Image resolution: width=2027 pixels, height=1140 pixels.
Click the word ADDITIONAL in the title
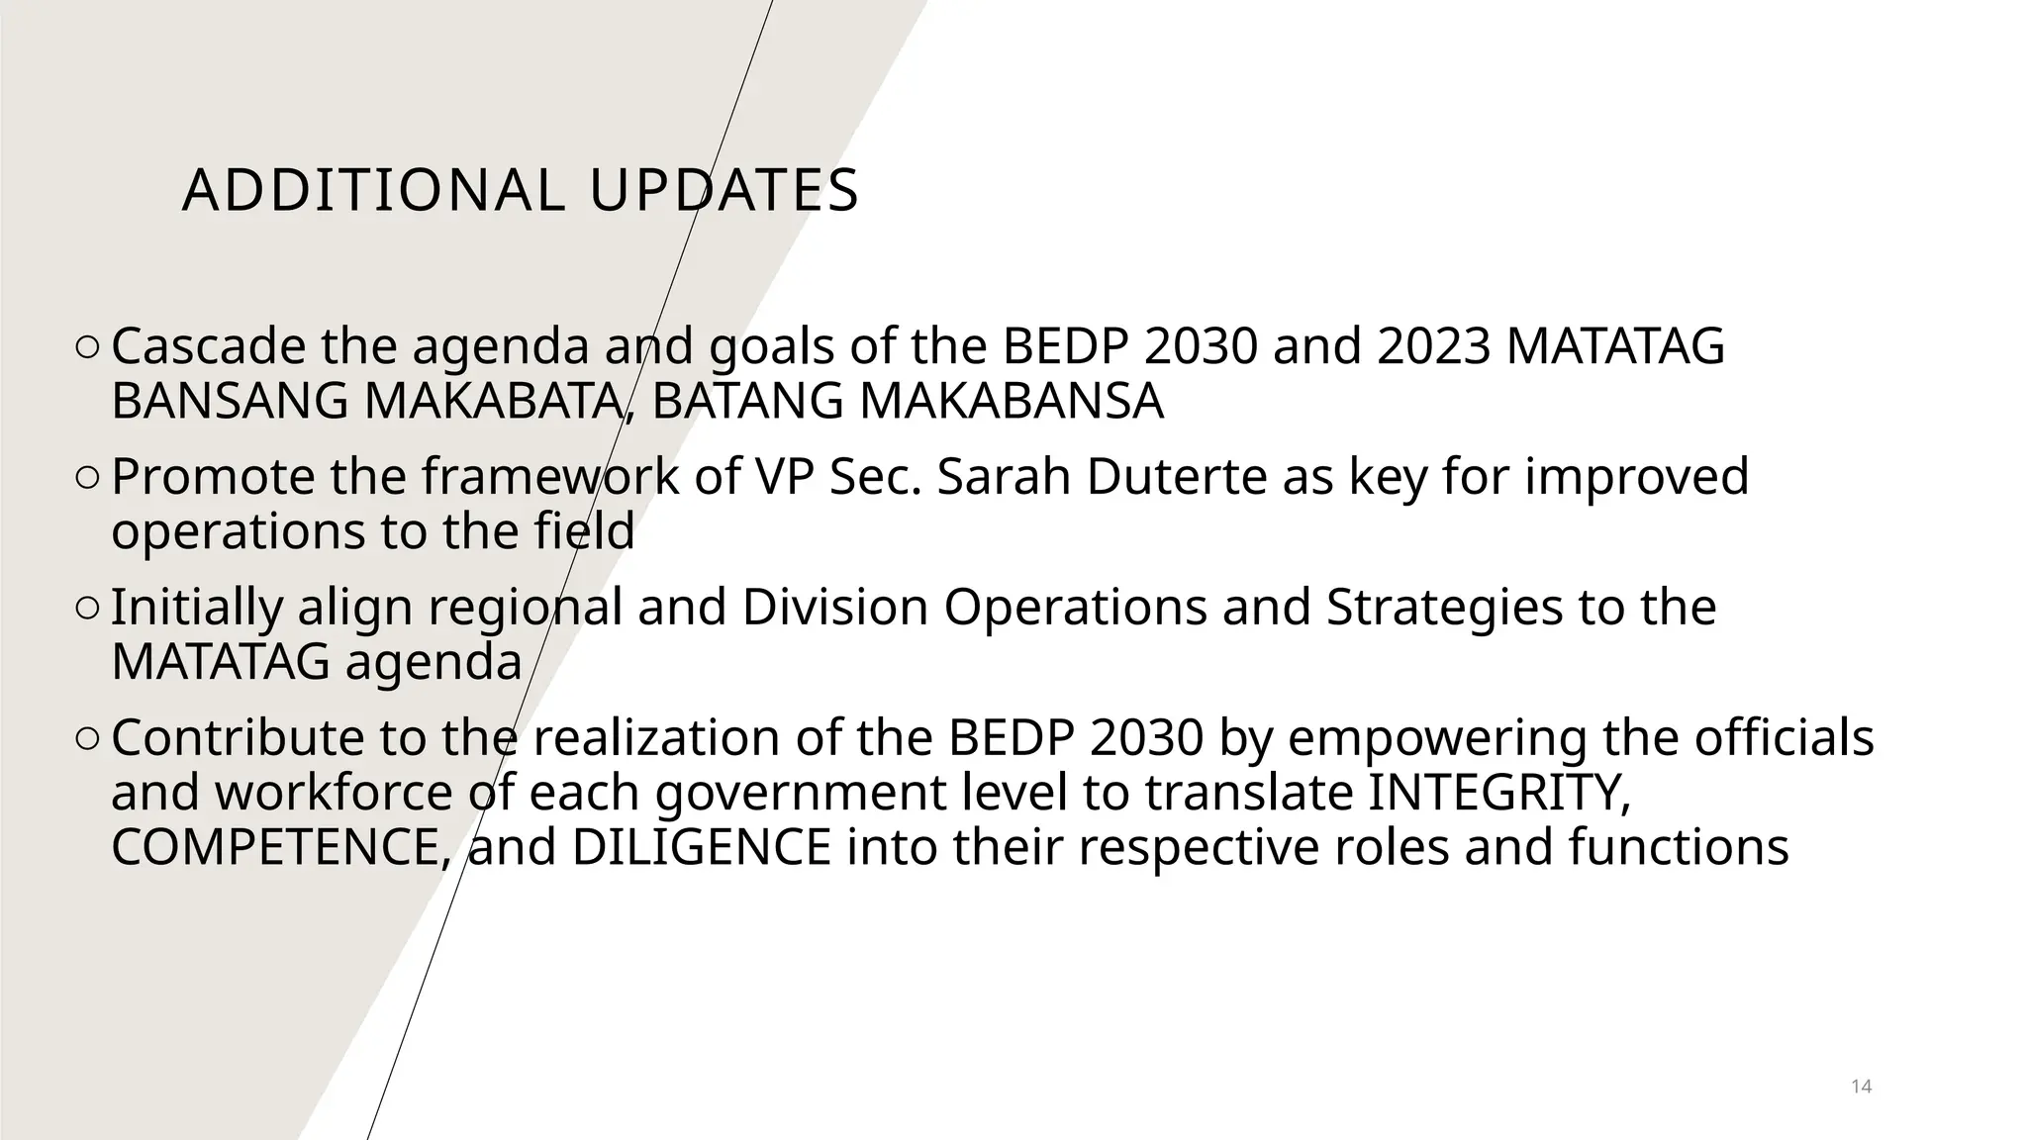click(x=373, y=191)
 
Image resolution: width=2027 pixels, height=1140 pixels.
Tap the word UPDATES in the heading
click(x=724, y=191)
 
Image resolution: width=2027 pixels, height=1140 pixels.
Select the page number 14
click(x=1861, y=1087)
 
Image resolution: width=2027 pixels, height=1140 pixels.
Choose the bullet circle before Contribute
click(x=86, y=738)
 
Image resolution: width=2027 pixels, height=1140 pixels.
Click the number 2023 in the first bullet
click(x=1433, y=346)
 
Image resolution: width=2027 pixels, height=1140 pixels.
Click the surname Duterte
click(x=1177, y=477)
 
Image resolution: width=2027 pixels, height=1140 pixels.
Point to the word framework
click(x=550, y=477)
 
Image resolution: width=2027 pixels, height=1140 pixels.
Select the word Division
click(x=834, y=608)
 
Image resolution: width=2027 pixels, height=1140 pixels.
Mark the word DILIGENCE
click(x=701, y=848)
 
